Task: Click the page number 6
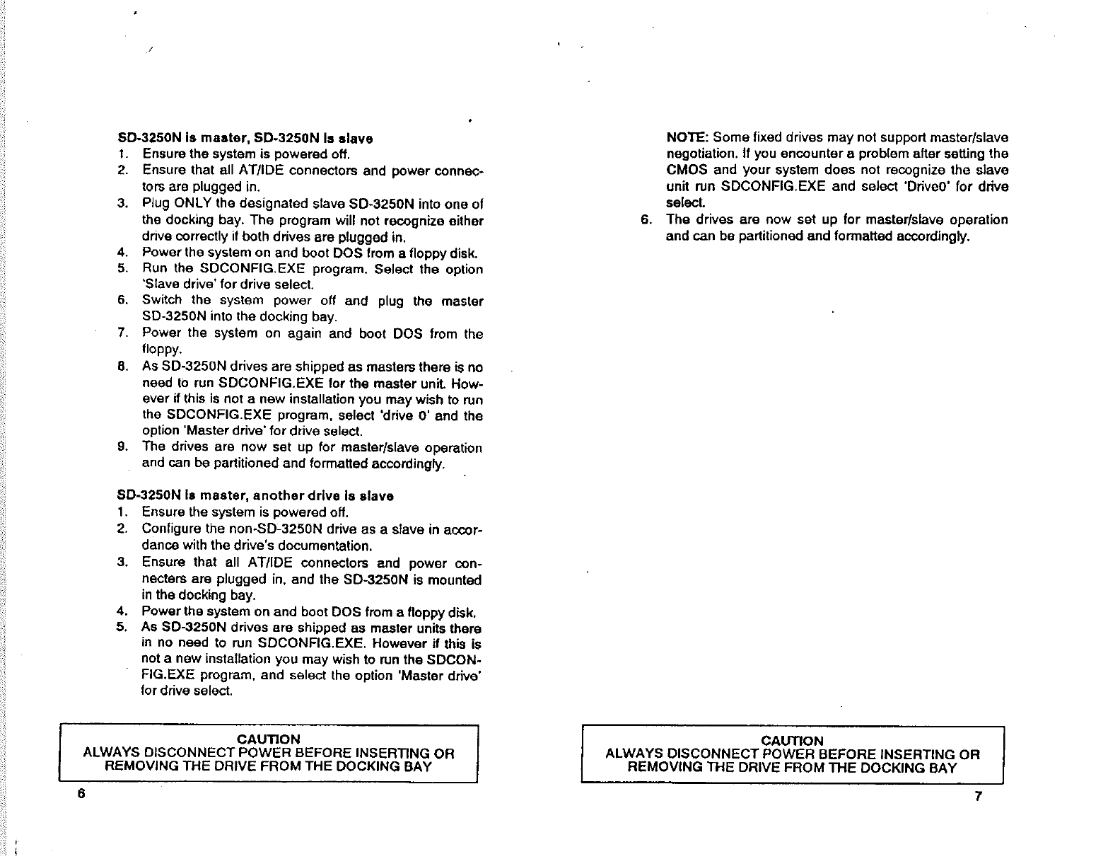[x=81, y=793]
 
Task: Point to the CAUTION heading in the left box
[x=269, y=739]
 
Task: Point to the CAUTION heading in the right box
[x=792, y=741]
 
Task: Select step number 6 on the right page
[x=645, y=219]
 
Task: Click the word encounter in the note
[x=809, y=154]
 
